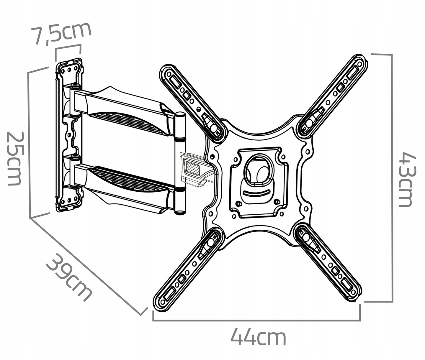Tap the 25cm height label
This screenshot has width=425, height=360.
pyautogui.click(x=14, y=158)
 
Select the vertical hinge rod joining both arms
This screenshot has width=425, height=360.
pyautogui.click(x=180, y=164)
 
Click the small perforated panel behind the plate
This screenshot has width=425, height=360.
pyautogui.click(x=192, y=167)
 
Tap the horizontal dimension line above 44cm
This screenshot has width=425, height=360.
pyautogui.click(x=256, y=320)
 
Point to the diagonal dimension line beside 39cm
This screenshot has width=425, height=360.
pyautogui.click(x=89, y=266)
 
